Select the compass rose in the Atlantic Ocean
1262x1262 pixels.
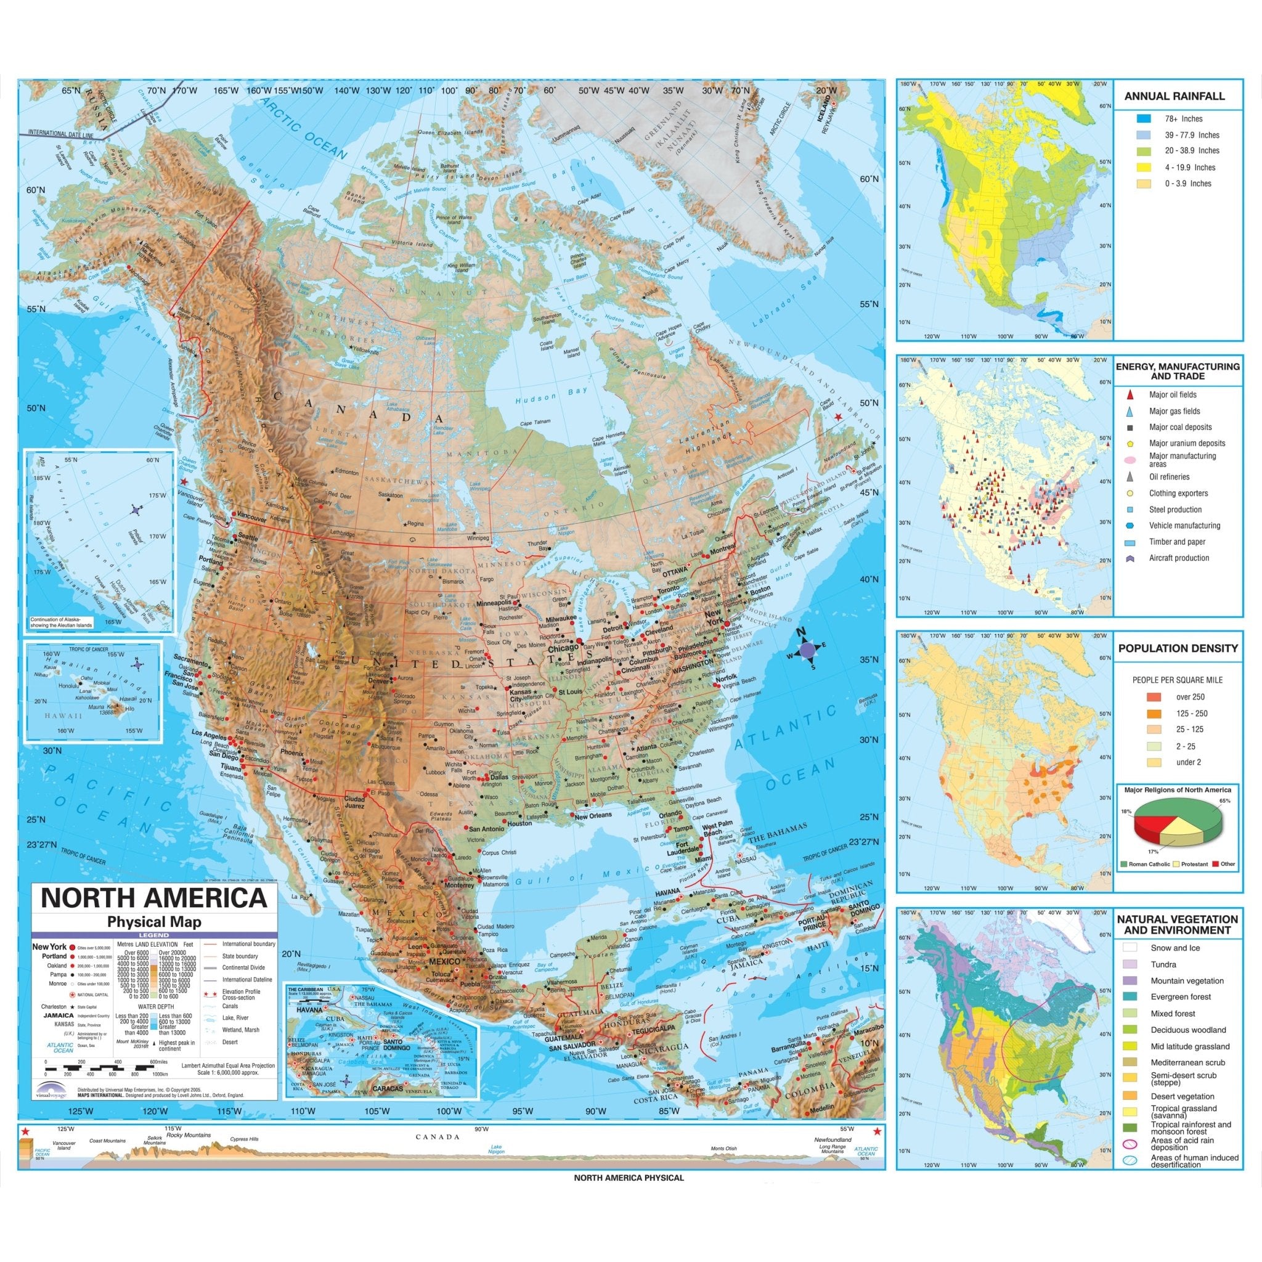tap(807, 649)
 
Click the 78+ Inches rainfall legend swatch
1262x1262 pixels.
tap(1142, 119)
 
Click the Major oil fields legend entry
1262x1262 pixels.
tap(1173, 394)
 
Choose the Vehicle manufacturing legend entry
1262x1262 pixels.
tap(1184, 525)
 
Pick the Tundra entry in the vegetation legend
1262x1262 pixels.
tap(1163, 964)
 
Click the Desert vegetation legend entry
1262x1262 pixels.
tap(1183, 1096)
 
